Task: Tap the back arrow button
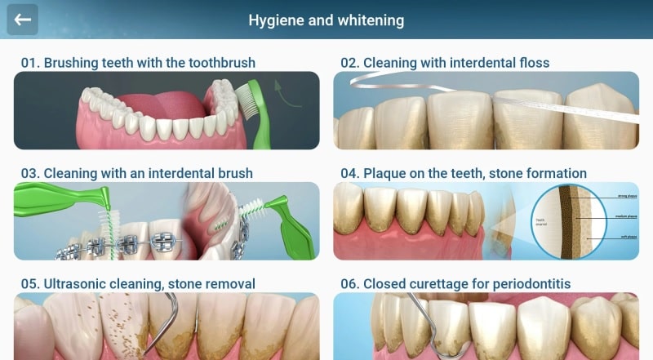[23, 20]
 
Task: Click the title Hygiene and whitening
[326, 20]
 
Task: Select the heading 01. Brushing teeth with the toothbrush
[138, 62]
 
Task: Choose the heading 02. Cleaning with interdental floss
[445, 62]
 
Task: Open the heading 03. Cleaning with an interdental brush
[136, 173]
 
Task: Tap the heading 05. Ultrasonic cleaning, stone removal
[138, 284]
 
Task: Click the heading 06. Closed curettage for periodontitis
[455, 284]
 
